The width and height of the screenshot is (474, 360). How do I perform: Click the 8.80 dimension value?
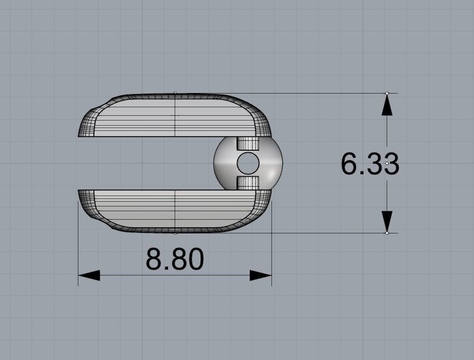point(175,259)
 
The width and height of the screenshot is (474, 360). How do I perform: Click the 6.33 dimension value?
point(370,164)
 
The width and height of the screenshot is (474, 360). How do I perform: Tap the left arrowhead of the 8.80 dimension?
point(89,275)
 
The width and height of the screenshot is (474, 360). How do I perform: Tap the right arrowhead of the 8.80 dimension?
point(260,275)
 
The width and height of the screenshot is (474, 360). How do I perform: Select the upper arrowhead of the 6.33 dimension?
point(387,106)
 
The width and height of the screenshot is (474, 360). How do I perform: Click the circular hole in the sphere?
point(248,163)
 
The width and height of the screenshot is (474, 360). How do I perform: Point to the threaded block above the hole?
point(248,144)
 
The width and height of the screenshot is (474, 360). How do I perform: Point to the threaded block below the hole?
point(248,183)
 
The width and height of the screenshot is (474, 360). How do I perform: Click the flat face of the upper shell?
point(175,118)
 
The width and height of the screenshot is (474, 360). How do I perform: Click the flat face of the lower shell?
point(175,208)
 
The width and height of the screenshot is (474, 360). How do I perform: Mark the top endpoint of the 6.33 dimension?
point(387,93)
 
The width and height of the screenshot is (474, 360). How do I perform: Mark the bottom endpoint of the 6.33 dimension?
point(387,233)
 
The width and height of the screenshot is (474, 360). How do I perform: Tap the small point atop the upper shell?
point(175,93)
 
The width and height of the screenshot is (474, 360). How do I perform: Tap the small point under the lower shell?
point(175,233)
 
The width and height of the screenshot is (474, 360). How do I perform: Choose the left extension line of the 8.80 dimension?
point(78,246)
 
